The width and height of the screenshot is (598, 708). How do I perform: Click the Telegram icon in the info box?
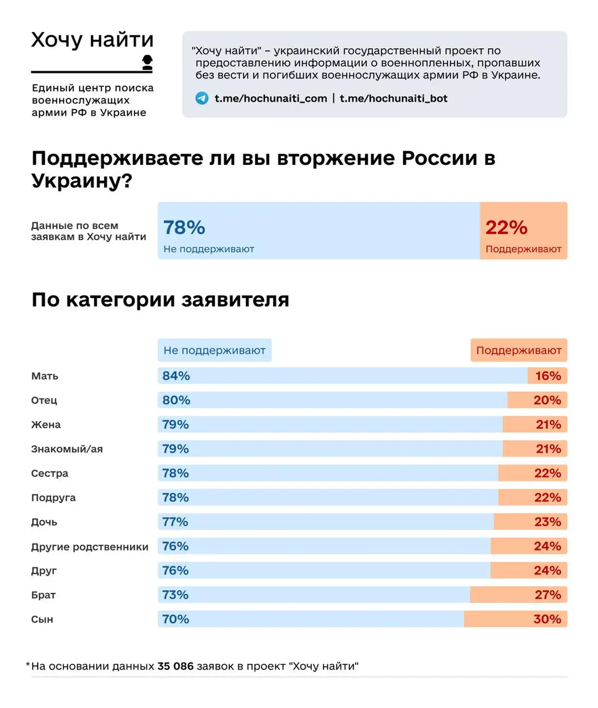pos(202,98)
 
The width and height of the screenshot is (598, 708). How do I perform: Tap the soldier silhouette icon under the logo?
pos(147,62)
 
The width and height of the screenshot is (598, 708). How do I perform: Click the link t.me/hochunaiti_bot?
pos(393,98)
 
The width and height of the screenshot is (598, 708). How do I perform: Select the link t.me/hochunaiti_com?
pos(271,98)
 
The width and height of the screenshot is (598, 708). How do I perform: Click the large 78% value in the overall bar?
pos(184,228)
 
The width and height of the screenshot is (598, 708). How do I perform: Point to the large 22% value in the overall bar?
pos(506,228)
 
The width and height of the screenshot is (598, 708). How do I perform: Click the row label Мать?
pos(45,376)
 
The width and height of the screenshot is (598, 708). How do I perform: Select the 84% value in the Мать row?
pos(176,376)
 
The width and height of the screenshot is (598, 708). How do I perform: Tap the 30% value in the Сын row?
pos(547,619)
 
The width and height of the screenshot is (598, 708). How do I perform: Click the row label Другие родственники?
pos(90,547)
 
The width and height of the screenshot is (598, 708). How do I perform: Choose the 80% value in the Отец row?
pos(176,400)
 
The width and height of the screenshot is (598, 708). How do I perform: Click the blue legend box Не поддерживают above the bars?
pos(215,350)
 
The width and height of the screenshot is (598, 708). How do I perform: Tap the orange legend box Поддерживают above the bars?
pos(519,350)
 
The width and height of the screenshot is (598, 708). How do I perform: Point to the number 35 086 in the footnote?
pos(175,666)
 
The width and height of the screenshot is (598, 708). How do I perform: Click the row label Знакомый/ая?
pos(67,449)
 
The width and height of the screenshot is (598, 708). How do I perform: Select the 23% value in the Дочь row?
pos(547,522)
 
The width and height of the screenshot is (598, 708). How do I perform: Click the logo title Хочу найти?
pos(92,40)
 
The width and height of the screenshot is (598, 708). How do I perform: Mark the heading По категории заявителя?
pos(160,300)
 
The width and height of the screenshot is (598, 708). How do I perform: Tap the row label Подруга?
pos(53,498)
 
